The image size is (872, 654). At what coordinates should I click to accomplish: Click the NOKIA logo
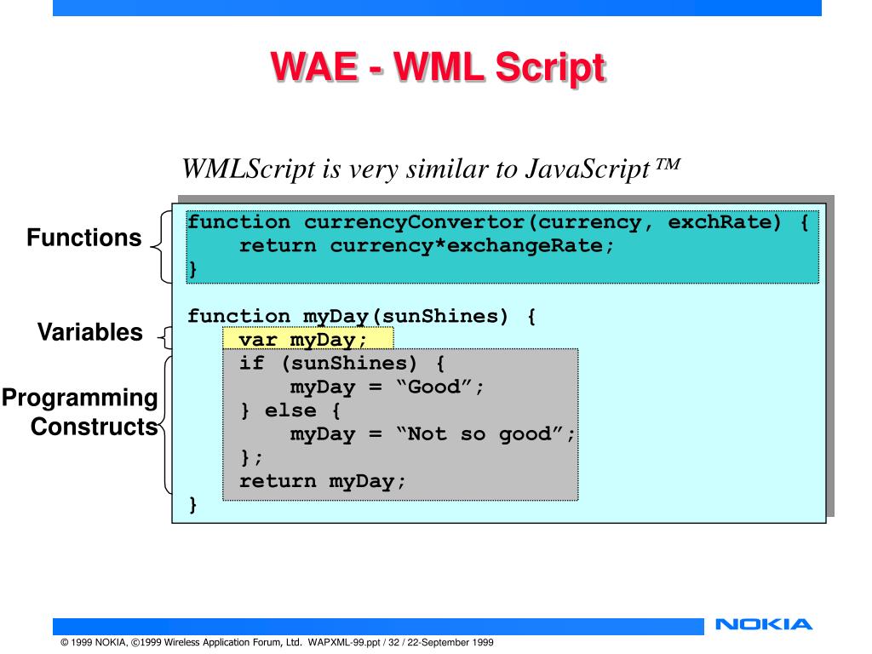[x=765, y=625]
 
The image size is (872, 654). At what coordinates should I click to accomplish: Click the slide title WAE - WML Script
[x=438, y=68]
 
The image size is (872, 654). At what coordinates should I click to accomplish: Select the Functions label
[x=84, y=238]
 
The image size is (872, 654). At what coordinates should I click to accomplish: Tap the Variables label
[x=90, y=332]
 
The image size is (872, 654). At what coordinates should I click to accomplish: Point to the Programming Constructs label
[x=79, y=412]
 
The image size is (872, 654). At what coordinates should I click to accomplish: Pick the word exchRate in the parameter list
[x=725, y=223]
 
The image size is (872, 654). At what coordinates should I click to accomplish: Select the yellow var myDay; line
[x=303, y=340]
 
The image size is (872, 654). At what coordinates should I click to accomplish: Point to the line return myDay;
[x=323, y=481]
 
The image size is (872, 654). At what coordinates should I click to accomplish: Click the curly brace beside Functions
[x=159, y=247]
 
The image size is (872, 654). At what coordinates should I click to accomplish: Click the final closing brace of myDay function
[x=192, y=505]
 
